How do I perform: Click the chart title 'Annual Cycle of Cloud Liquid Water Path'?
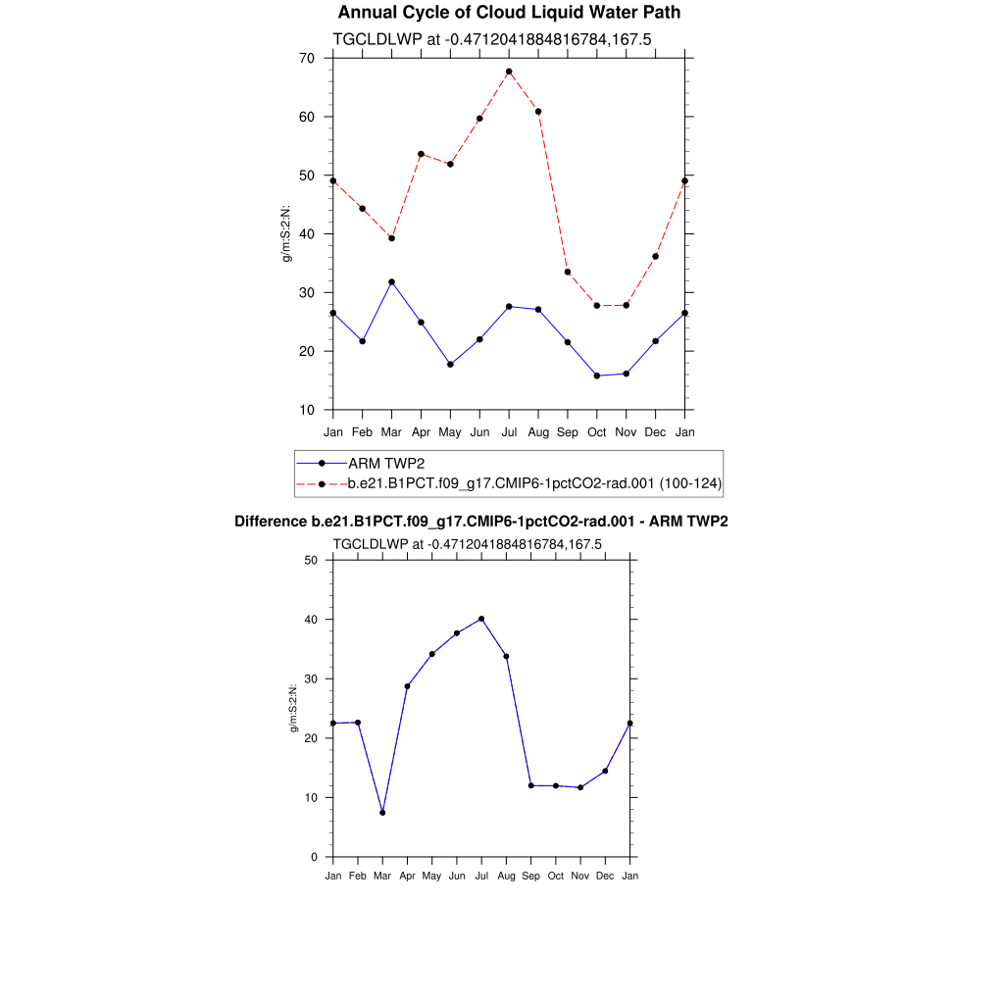[509, 13]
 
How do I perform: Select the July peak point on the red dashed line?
[509, 72]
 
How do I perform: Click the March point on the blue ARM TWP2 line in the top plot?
[391, 282]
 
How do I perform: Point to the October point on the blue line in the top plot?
[597, 376]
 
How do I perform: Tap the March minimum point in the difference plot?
[382, 813]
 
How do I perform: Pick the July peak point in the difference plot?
[481, 619]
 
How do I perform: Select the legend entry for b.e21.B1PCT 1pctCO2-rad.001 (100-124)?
[535, 483]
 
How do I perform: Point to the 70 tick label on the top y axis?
[307, 59]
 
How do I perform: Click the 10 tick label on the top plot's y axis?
[307, 410]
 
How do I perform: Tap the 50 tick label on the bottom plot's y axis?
[311, 560]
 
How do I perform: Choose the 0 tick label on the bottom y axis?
[314, 857]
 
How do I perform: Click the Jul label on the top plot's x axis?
[509, 432]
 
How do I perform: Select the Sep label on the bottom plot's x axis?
[530, 876]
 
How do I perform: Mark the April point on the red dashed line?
[421, 154]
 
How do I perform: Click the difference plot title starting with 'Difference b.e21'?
[481, 522]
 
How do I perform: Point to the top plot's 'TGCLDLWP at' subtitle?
[493, 39]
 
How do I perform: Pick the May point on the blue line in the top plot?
[450, 364]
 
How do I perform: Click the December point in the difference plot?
[605, 771]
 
